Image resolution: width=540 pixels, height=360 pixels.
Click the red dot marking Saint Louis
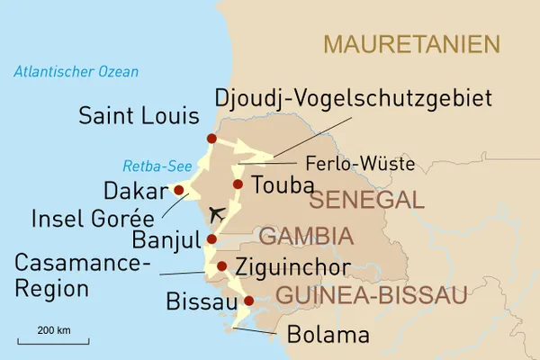(x=211, y=139)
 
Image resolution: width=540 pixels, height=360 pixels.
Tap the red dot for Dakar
(x=179, y=190)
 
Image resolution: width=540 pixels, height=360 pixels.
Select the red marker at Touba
(x=238, y=184)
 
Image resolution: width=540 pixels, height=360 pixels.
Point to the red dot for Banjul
(x=211, y=239)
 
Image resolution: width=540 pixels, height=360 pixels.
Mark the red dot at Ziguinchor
(x=221, y=265)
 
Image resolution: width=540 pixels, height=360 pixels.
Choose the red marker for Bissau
(x=249, y=301)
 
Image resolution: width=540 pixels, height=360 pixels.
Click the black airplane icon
(x=216, y=214)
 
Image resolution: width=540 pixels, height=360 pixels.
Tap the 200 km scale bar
(x=53, y=341)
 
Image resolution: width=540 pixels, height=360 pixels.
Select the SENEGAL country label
(x=372, y=200)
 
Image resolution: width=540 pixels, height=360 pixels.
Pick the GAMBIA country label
(x=305, y=237)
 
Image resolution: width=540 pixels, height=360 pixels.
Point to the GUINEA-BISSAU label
(x=371, y=295)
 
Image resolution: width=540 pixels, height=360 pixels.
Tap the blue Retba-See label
(x=151, y=166)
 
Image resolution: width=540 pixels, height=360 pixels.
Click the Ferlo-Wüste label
(x=360, y=165)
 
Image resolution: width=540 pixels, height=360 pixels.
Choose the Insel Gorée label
(x=93, y=219)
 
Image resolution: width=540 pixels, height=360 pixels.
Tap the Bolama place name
(x=328, y=336)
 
